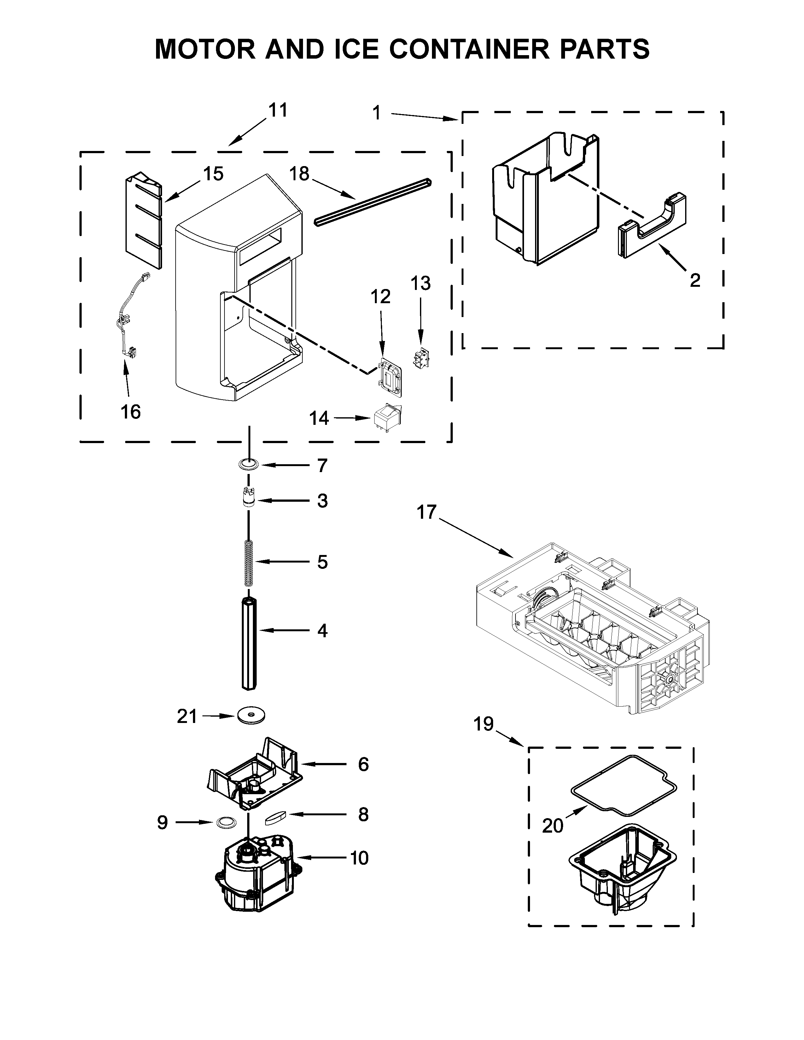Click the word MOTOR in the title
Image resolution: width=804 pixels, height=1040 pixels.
click(x=205, y=49)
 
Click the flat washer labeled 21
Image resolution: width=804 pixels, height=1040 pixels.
click(x=251, y=729)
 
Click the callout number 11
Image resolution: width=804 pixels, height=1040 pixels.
click(x=278, y=111)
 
